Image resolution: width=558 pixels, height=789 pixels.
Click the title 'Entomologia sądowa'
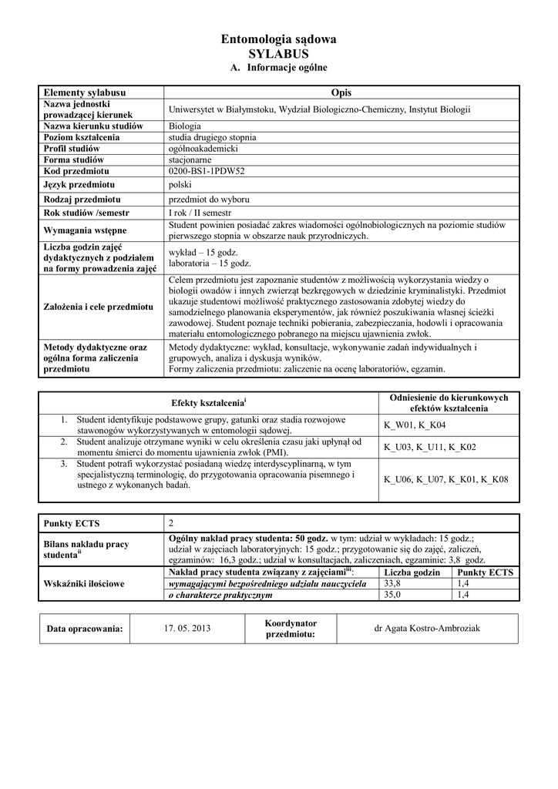click(x=278, y=39)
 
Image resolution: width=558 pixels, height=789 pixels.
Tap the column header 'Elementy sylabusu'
click(x=85, y=92)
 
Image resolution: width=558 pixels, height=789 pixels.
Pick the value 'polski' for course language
click(x=180, y=185)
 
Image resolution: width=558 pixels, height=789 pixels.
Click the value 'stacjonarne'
click(x=190, y=159)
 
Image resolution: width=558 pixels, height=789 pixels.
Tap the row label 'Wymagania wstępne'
click(x=86, y=230)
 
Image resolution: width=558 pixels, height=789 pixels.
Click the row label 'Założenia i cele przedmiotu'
click(x=99, y=307)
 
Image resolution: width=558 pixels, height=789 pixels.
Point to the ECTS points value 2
click(x=172, y=524)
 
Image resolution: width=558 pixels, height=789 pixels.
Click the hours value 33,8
click(x=393, y=584)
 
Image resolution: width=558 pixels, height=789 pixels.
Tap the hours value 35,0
click(x=393, y=595)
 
